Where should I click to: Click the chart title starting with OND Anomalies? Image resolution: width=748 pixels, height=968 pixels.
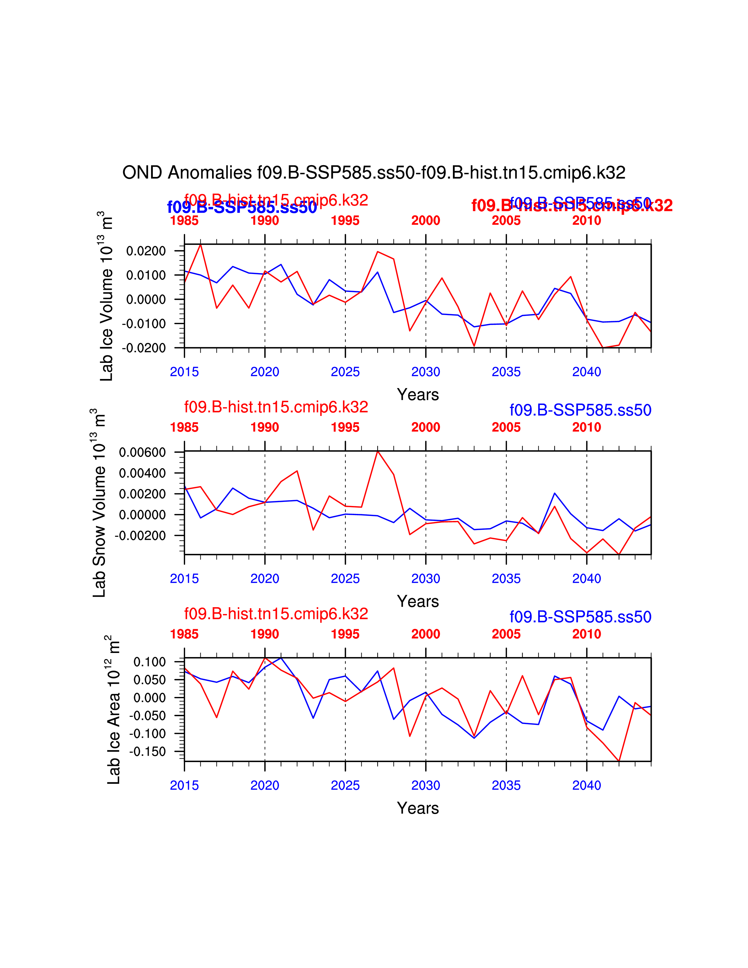tap(373, 172)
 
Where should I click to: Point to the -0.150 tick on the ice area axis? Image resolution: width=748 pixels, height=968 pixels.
tap(147, 751)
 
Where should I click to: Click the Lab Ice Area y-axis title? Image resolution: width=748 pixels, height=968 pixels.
tap(114, 710)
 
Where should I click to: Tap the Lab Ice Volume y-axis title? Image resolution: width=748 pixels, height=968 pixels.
tap(106, 296)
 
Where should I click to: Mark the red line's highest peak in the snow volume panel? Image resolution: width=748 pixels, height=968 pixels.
tap(378, 451)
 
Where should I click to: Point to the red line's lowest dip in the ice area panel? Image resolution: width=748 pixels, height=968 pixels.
tap(619, 761)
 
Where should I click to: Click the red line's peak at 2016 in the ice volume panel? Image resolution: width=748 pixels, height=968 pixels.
tap(201, 244)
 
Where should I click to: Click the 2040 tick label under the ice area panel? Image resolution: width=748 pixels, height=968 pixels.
tap(586, 785)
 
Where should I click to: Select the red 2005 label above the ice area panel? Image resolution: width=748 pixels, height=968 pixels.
tap(506, 634)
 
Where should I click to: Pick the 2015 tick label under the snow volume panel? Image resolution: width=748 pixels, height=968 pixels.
tap(184, 578)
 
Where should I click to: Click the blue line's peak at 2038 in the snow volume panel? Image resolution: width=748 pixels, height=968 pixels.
tap(554, 493)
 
